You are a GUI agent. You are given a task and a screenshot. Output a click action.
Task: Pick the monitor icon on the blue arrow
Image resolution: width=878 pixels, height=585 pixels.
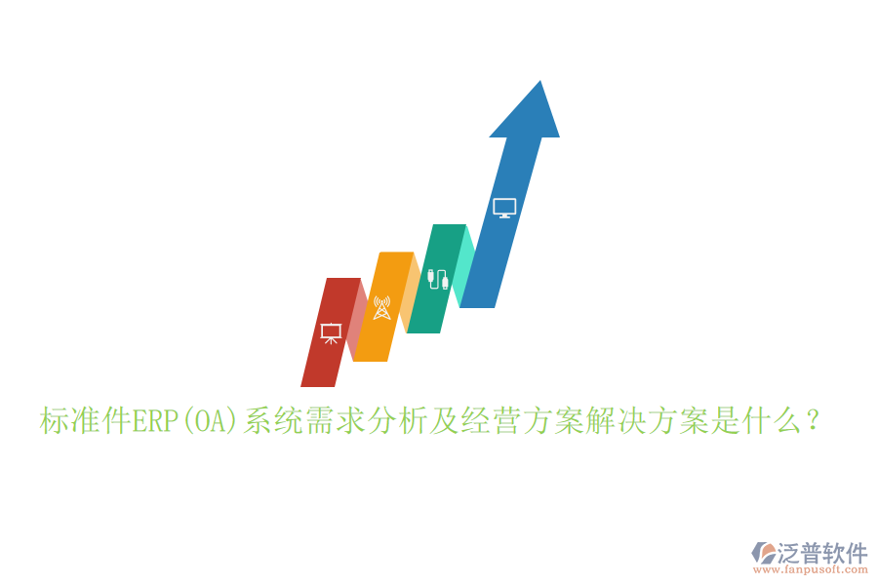[x=504, y=208]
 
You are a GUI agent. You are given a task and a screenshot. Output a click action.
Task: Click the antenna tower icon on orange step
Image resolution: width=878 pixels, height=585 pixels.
[x=381, y=308]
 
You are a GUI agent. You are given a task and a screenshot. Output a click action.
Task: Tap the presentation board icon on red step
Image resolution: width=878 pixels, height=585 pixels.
[x=332, y=332]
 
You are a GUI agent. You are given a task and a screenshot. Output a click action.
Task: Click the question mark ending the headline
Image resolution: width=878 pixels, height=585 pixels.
[x=814, y=421]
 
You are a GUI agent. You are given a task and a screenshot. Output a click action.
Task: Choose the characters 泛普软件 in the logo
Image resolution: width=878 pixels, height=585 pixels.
[x=822, y=553]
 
